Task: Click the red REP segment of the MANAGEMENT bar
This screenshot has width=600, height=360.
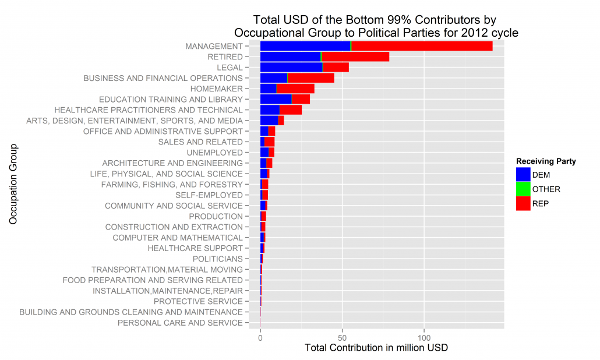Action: [422, 46]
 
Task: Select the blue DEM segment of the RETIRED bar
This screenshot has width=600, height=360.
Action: [290, 57]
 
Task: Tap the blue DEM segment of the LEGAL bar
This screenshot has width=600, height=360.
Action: [291, 67]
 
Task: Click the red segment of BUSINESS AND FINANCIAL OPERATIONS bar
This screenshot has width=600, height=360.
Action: [310, 78]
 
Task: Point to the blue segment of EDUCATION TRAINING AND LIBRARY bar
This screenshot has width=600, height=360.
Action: [276, 99]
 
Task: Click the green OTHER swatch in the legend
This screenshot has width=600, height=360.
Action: [523, 189]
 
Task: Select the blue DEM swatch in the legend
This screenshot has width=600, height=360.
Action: [523, 174]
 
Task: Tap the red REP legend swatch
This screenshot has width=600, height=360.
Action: [523, 203]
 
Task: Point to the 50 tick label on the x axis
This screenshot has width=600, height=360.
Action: [343, 337]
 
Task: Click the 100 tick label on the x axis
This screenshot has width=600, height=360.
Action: [425, 337]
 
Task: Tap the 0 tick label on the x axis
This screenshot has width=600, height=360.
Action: [260, 337]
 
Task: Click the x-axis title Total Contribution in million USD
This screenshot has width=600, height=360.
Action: [376, 348]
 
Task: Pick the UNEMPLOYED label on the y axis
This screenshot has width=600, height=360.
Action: [213, 152]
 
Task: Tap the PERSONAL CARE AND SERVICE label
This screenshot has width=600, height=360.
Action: [180, 323]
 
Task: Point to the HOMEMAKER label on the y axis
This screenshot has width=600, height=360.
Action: [216, 89]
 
